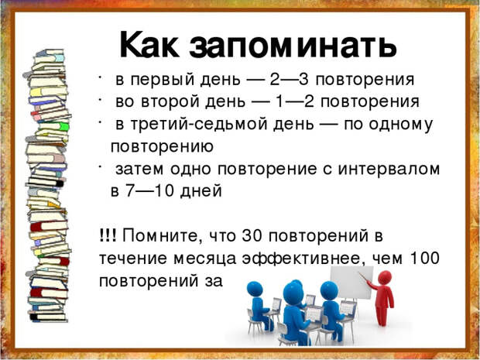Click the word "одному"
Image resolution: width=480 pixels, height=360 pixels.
(x=402, y=124)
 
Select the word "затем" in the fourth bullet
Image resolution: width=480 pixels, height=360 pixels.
(x=141, y=169)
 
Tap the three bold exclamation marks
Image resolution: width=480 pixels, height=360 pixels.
(x=108, y=235)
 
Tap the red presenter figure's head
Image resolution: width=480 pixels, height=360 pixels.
(x=385, y=277)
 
